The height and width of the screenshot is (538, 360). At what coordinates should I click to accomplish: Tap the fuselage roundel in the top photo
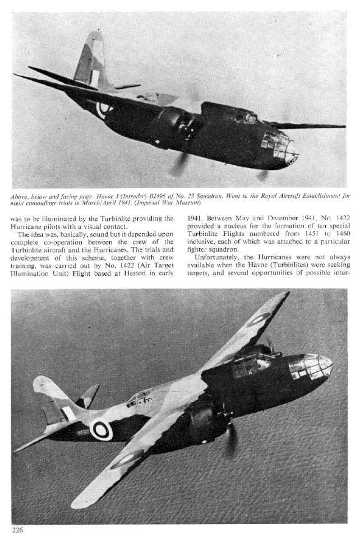point(104,107)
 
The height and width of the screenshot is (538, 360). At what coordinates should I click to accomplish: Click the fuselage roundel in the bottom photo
point(101,430)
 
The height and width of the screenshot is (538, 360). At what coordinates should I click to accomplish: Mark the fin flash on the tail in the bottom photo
point(68,414)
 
